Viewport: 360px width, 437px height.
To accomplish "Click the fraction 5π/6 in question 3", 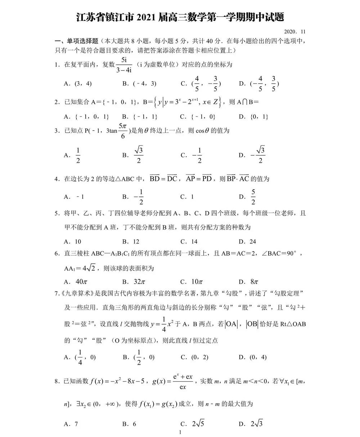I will (123, 131).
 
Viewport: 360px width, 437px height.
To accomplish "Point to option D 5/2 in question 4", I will (248, 197).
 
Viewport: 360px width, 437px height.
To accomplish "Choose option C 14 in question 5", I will (189, 242).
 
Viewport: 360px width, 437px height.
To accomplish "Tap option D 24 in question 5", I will (248, 242).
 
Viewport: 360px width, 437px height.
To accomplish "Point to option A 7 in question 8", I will (71, 424).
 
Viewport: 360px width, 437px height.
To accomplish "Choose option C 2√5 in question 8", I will (193, 424).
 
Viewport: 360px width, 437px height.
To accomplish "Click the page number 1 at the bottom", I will (180, 432).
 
